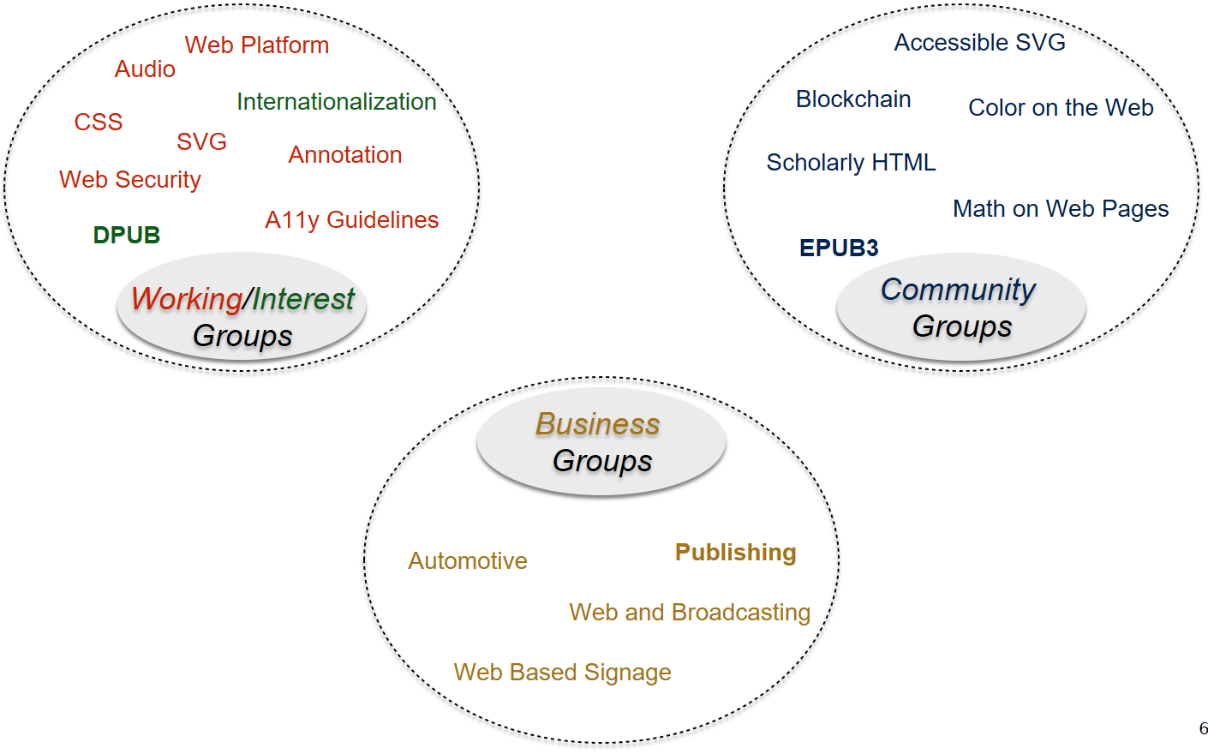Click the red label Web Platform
pyautogui.click(x=257, y=45)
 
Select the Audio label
pyautogui.click(x=145, y=69)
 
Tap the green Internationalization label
pyautogui.click(x=337, y=102)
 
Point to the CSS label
pyautogui.click(x=99, y=123)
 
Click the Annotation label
pyautogui.click(x=345, y=155)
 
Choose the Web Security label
pyautogui.click(x=130, y=180)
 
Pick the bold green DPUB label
pyautogui.click(x=127, y=236)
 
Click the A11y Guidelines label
pyautogui.click(x=352, y=220)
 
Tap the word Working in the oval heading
pyautogui.click(x=187, y=299)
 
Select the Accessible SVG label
pyautogui.click(x=980, y=43)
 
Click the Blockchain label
pyautogui.click(x=853, y=99)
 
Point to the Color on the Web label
pyautogui.click(x=1061, y=108)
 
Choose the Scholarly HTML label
pyautogui.click(x=851, y=163)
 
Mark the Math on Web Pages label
pyautogui.click(x=1061, y=209)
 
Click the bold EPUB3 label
pyautogui.click(x=839, y=248)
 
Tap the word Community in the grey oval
pyautogui.click(x=959, y=290)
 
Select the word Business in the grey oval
pyautogui.click(x=598, y=424)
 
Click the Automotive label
pyautogui.click(x=468, y=561)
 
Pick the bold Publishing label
pyautogui.click(x=736, y=553)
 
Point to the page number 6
pyautogui.click(x=1203, y=729)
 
